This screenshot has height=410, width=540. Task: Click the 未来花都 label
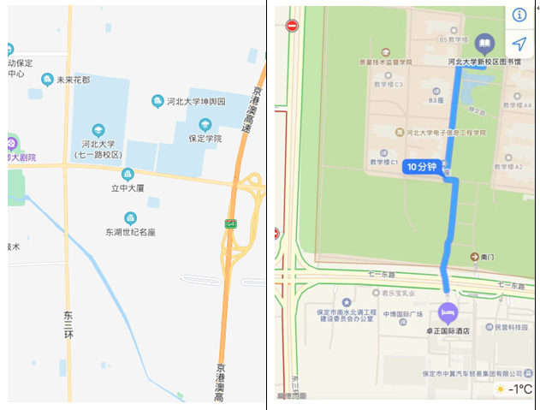73,80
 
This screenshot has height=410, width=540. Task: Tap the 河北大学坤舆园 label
195,102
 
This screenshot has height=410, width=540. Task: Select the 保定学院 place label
205,138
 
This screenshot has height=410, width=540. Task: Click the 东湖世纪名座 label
131,231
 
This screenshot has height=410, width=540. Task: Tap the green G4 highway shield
230,223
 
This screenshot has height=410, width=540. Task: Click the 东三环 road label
68,325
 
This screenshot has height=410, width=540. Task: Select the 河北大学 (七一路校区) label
98,149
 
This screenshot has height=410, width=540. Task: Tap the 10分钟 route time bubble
420,167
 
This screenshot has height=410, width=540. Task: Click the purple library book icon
484,43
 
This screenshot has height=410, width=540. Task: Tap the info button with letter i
519,15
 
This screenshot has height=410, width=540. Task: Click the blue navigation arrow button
519,44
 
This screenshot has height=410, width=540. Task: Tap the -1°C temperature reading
519,390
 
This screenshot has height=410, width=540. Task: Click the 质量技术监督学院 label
386,62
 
